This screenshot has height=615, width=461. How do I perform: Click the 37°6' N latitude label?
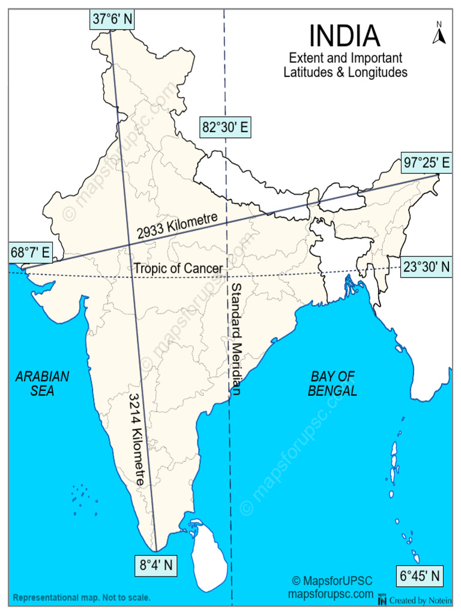point(113,19)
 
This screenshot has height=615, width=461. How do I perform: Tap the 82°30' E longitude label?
point(225,127)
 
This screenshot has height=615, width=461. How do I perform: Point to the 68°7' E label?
point(29,252)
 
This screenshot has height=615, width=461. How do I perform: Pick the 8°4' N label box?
point(156,565)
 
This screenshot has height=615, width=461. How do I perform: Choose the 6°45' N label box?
point(421,577)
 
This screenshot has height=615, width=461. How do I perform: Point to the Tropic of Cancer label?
point(178,268)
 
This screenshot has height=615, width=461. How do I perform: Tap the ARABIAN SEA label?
point(42,383)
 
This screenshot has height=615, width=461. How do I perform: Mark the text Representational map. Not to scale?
point(82,598)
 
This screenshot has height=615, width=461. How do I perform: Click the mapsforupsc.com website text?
point(331,594)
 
